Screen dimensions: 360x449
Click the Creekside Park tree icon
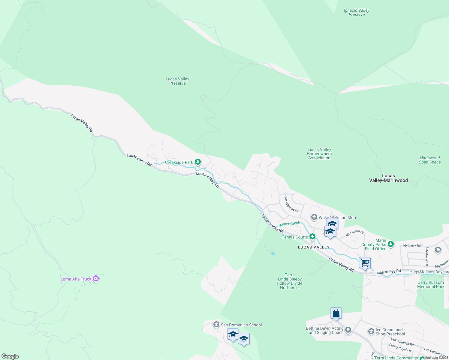coord(197,162)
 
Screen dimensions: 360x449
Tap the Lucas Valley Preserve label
coord(177,81)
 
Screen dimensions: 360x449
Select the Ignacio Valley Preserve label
coord(357,12)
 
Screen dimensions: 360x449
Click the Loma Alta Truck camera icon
coord(96,279)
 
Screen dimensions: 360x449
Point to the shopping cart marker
coord(365,263)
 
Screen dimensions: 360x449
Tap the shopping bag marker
coord(336,313)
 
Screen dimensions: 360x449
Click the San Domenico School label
coord(241,325)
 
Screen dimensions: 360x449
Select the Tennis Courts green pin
coord(312,237)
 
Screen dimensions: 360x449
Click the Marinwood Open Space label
coord(429,160)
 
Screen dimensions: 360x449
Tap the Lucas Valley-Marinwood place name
coord(388,178)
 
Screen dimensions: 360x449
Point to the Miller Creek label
coord(290,224)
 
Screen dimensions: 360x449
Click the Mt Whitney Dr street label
coord(291,205)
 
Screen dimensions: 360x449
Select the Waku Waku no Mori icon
coord(314,217)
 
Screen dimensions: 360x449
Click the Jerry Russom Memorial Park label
coord(431,284)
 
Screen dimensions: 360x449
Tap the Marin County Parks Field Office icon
coord(390,244)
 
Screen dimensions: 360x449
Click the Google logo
coord(10,356)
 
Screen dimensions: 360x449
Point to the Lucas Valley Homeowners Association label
coord(319,154)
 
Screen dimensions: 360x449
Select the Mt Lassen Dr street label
coord(354,233)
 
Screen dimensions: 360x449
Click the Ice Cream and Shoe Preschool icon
coord(371,331)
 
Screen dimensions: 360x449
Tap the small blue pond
coord(273,253)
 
